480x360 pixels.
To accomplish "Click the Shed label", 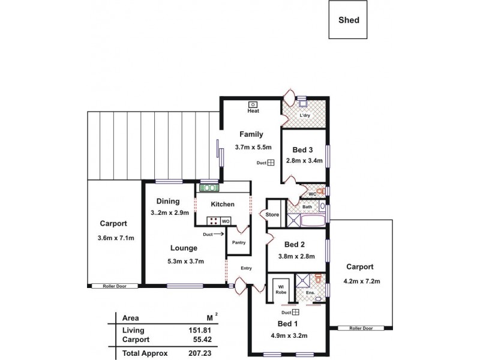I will [349, 20].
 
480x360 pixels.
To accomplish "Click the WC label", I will [312, 194].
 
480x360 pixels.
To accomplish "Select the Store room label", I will [272, 214].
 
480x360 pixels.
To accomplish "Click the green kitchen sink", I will [209, 188].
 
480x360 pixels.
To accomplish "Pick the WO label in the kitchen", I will [226, 221].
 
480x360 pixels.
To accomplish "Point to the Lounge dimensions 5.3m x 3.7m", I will [185, 261].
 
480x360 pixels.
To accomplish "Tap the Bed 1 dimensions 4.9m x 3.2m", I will [290, 335].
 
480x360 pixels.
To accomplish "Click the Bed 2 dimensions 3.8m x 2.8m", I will [296, 256].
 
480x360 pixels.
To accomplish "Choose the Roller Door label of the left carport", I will [114, 286].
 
